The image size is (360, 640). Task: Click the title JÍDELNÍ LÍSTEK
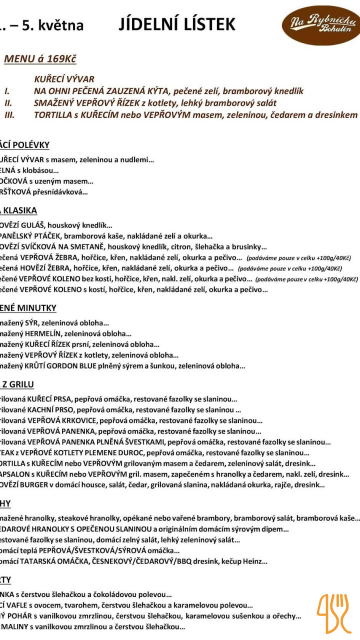point(177,24)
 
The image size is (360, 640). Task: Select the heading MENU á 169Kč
point(40,59)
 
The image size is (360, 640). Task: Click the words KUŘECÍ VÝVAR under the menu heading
point(64,79)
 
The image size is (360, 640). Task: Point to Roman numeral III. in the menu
point(9,115)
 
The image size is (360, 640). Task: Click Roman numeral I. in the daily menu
point(7,91)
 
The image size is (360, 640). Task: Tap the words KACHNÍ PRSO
point(50,409)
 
